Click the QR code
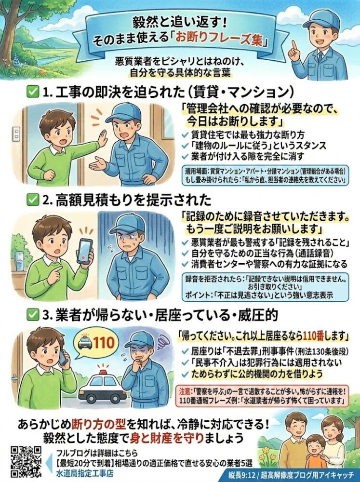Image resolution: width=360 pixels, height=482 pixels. [27, 461]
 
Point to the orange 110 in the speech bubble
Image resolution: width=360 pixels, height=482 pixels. [104, 342]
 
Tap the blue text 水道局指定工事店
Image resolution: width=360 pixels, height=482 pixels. [85, 473]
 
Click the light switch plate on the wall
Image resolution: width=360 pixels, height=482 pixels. [16, 133]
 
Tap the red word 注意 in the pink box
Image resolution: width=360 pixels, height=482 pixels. [184, 392]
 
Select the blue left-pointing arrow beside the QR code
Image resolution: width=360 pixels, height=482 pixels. [49, 462]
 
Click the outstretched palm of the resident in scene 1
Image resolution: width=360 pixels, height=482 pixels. [102, 135]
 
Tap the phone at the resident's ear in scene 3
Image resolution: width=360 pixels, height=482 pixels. [63, 357]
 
